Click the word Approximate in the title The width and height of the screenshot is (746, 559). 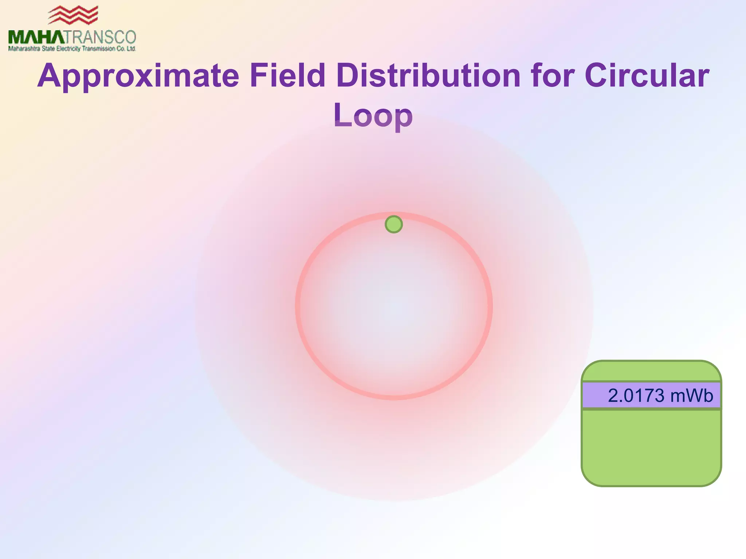tap(138, 76)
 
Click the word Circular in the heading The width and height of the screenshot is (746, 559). tap(647, 76)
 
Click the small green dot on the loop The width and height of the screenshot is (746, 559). tap(394, 224)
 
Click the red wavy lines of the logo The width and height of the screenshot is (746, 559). tap(73, 15)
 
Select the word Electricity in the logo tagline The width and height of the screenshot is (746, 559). tap(68, 49)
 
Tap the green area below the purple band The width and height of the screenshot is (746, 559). tap(651, 448)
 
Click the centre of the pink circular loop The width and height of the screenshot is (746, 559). tap(394, 306)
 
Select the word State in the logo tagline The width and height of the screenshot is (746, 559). tap(48, 49)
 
